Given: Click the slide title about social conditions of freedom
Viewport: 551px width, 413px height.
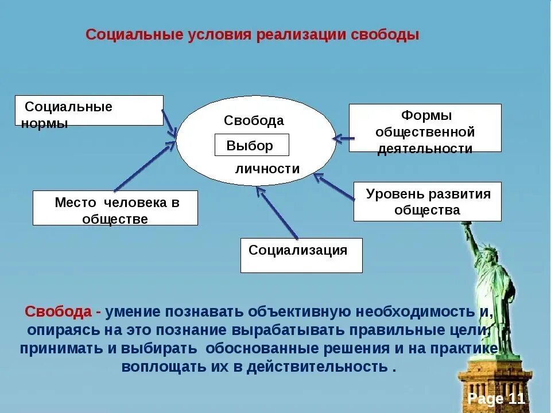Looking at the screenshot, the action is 253,35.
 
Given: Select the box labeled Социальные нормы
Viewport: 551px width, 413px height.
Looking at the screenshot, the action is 89,110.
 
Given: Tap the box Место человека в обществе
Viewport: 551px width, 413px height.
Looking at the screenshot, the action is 115,208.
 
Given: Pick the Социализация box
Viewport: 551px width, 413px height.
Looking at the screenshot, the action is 301,255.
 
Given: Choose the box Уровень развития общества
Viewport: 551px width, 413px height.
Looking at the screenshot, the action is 427,201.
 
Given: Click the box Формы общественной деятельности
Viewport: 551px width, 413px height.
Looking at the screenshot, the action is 425,128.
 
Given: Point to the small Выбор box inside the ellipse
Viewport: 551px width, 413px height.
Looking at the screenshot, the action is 251,146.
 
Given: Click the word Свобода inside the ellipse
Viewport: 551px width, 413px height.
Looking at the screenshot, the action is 254,121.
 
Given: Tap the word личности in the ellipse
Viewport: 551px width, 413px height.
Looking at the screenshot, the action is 267,169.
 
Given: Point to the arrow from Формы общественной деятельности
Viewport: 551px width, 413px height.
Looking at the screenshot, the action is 344,138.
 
